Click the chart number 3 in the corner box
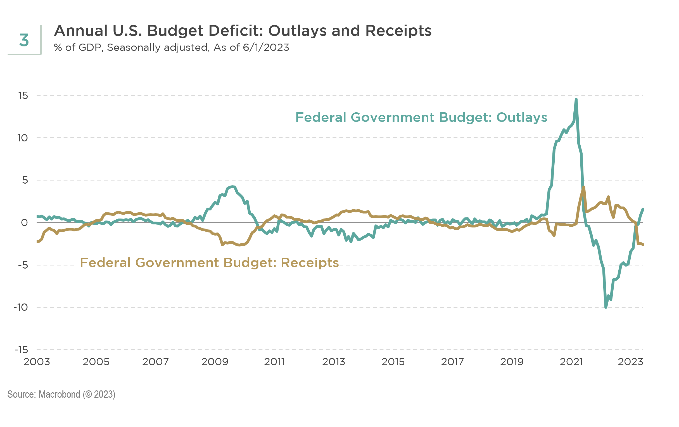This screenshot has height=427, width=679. pyautogui.click(x=24, y=40)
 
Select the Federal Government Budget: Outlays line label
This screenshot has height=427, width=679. pyautogui.click(x=421, y=117)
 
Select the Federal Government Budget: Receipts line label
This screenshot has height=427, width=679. pyautogui.click(x=209, y=263)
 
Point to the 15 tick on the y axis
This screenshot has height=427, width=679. pyautogui.click(x=23, y=96)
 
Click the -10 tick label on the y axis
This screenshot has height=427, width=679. pyautogui.click(x=21, y=307)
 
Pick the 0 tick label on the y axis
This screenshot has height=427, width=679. pyautogui.click(x=25, y=222)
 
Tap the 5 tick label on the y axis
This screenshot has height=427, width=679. pyautogui.click(x=25, y=180)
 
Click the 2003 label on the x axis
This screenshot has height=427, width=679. pyautogui.click(x=37, y=362)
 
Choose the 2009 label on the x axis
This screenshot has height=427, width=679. pyautogui.click(x=215, y=362)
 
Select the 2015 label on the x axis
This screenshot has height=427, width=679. pyautogui.click(x=393, y=362)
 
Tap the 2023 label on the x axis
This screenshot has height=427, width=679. pyautogui.click(x=630, y=362)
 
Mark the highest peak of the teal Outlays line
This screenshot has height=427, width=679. pyautogui.click(x=576, y=99)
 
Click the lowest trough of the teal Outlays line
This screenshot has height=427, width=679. pyautogui.click(x=606, y=307)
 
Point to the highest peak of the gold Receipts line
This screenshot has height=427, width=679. pyautogui.click(x=583, y=187)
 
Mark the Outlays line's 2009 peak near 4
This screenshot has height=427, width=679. pyautogui.click(x=232, y=187)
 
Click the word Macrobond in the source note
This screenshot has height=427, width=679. pyautogui.click(x=59, y=394)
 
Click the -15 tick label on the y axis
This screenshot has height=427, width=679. pyautogui.click(x=21, y=350)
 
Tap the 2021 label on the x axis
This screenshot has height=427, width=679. pyautogui.click(x=571, y=362)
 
